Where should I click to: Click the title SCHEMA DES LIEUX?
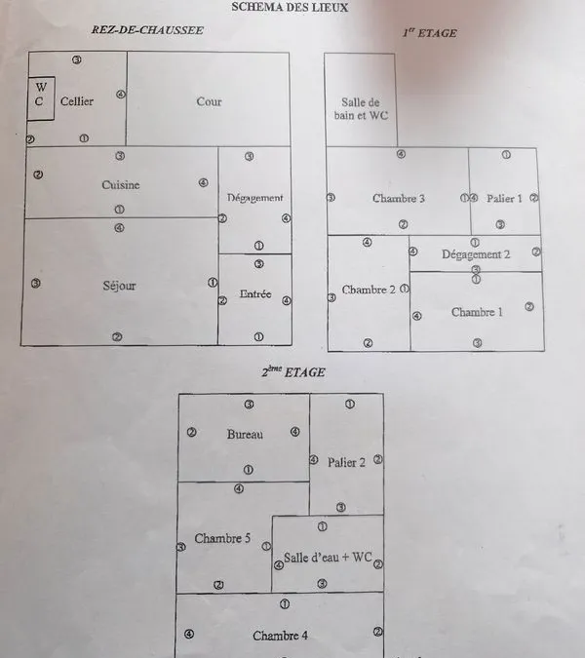click(x=290, y=7)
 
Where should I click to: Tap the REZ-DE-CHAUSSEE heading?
click(x=147, y=30)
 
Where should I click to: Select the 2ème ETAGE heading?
click(x=293, y=371)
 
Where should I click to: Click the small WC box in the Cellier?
click(x=41, y=98)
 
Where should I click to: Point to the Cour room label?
click(x=209, y=101)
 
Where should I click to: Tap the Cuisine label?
click(x=121, y=184)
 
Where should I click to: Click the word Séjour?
click(x=119, y=286)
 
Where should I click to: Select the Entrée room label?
click(x=255, y=293)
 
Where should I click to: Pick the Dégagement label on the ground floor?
click(x=254, y=198)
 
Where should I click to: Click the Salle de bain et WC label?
click(x=361, y=108)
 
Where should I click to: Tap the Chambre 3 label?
click(x=398, y=198)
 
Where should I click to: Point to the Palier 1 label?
click(x=504, y=199)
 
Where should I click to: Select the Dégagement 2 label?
click(x=476, y=254)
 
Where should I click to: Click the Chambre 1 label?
click(x=477, y=312)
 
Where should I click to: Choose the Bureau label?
click(x=245, y=434)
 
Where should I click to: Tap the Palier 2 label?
click(x=346, y=462)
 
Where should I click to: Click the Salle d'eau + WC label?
click(x=328, y=558)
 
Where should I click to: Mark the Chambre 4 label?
click(x=280, y=636)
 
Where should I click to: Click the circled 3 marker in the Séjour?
click(x=36, y=284)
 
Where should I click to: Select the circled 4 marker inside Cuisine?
click(x=203, y=182)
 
